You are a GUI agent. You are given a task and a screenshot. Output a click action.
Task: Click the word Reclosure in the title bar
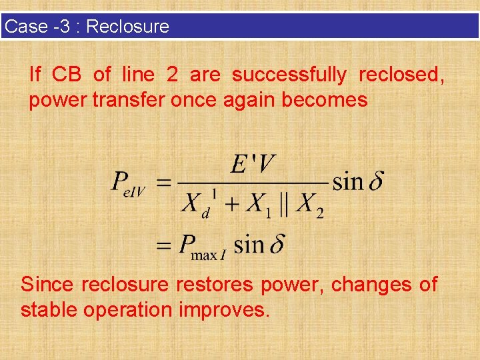[128, 27]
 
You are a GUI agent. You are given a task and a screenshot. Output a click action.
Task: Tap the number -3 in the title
[63, 27]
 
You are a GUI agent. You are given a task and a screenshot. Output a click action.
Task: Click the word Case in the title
[26, 27]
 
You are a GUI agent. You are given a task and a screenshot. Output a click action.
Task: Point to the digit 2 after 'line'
[172, 75]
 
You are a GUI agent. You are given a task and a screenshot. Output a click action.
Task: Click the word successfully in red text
[289, 75]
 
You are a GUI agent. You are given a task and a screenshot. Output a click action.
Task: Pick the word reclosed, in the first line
[401, 75]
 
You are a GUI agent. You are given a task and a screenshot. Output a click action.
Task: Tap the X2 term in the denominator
[309, 203]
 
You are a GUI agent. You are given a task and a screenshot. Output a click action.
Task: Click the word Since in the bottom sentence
[47, 285]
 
